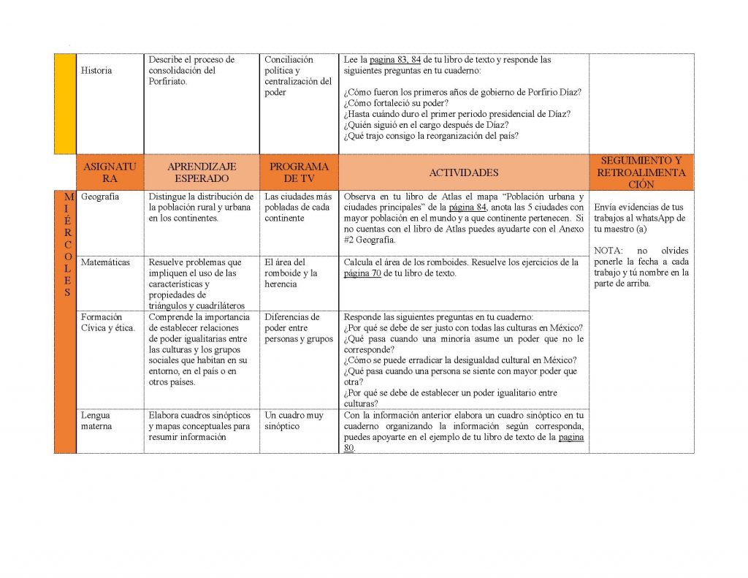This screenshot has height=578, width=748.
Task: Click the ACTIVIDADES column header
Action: pyautogui.click(x=463, y=173)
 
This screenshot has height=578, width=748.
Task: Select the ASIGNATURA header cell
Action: pyautogui.click(x=110, y=173)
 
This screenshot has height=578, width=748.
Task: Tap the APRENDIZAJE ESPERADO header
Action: pyautogui.click(x=202, y=173)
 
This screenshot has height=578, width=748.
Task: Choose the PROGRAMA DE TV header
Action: pyautogui.click(x=299, y=173)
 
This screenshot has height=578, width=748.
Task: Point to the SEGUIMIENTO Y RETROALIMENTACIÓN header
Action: pyautogui.click(x=641, y=173)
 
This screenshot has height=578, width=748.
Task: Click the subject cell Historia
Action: pyautogui.click(x=97, y=71)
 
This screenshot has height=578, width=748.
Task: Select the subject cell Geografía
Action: pyautogui.click(x=100, y=197)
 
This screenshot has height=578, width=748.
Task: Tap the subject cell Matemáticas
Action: pyautogui.click(x=105, y=262)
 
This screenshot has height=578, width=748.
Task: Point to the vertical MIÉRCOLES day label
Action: pyautogui.click(x=65, y=245)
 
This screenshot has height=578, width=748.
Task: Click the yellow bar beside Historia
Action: pyautogui.click(x=65, y=103)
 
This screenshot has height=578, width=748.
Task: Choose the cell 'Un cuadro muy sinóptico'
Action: pyautogui.click(x=294, y=421)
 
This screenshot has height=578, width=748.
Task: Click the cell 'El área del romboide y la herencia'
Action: pyautogui.click(x=291, y=273)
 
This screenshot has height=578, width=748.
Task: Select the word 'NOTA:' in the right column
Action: pyautogui.click(x=607, y=251)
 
